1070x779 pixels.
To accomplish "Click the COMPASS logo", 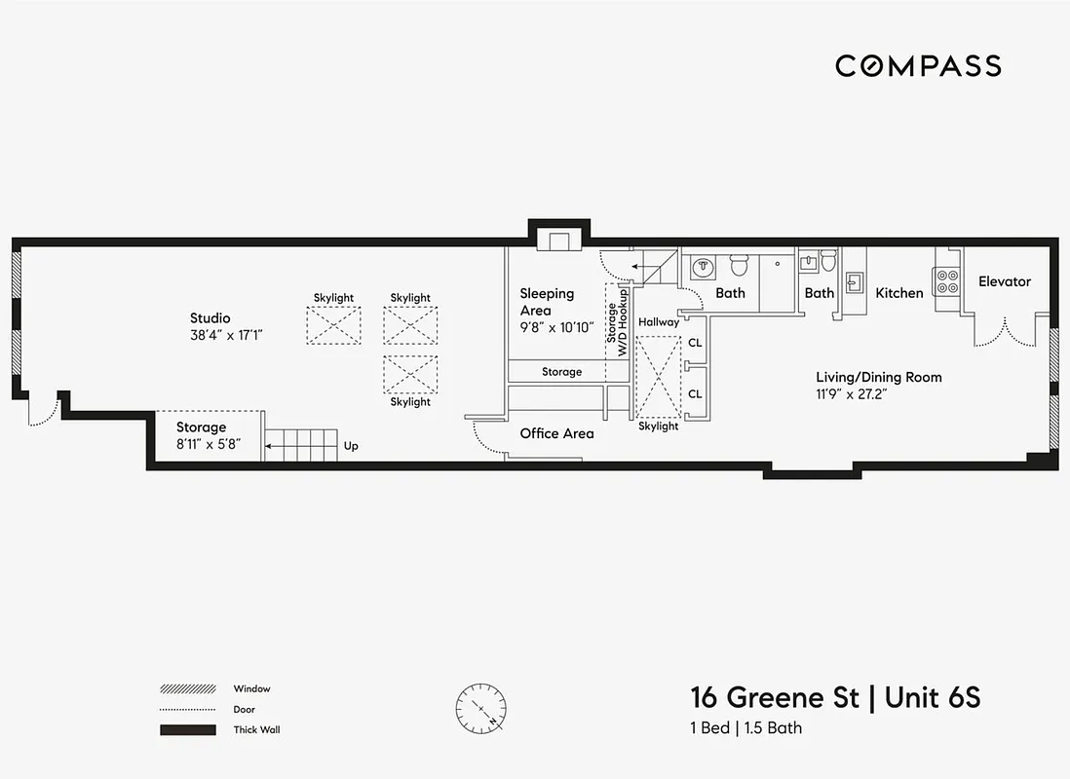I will pos(918,66).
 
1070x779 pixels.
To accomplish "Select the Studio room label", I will pos(210,317).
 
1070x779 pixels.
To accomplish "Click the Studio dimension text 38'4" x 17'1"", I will pos(227,334).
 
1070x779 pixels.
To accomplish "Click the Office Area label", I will pos(556,433).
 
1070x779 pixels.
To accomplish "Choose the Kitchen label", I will pos(898,293).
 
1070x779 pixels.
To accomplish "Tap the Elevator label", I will pos(1004,281).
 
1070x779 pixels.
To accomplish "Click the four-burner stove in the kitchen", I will pos(946,281).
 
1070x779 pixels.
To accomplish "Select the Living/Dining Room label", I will pos(878,377).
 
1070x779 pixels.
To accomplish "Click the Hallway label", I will pos(659,322).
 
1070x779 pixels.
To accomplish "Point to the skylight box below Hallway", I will pos(658,376).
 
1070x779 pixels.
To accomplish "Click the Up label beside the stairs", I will pos(351,446).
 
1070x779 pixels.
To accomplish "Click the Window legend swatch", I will pos(187,688).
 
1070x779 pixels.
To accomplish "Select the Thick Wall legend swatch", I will pos(187,729).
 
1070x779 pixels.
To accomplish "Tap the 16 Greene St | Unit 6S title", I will pos(835,698).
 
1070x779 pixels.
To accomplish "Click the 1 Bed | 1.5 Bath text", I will pos(746,727).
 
